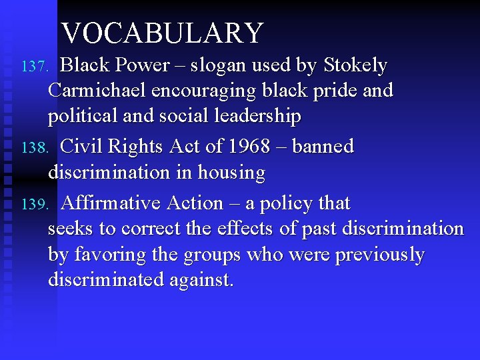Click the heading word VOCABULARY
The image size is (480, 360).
click(x=162, y=33)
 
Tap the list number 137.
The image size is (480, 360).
click(x=34, y=67)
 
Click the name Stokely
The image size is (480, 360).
click(x=355, y=65)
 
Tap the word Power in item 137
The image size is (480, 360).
click(x=143, y=65)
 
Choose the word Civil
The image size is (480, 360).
click(x=84, y=147)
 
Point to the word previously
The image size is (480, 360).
click(x=379, y=255)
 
